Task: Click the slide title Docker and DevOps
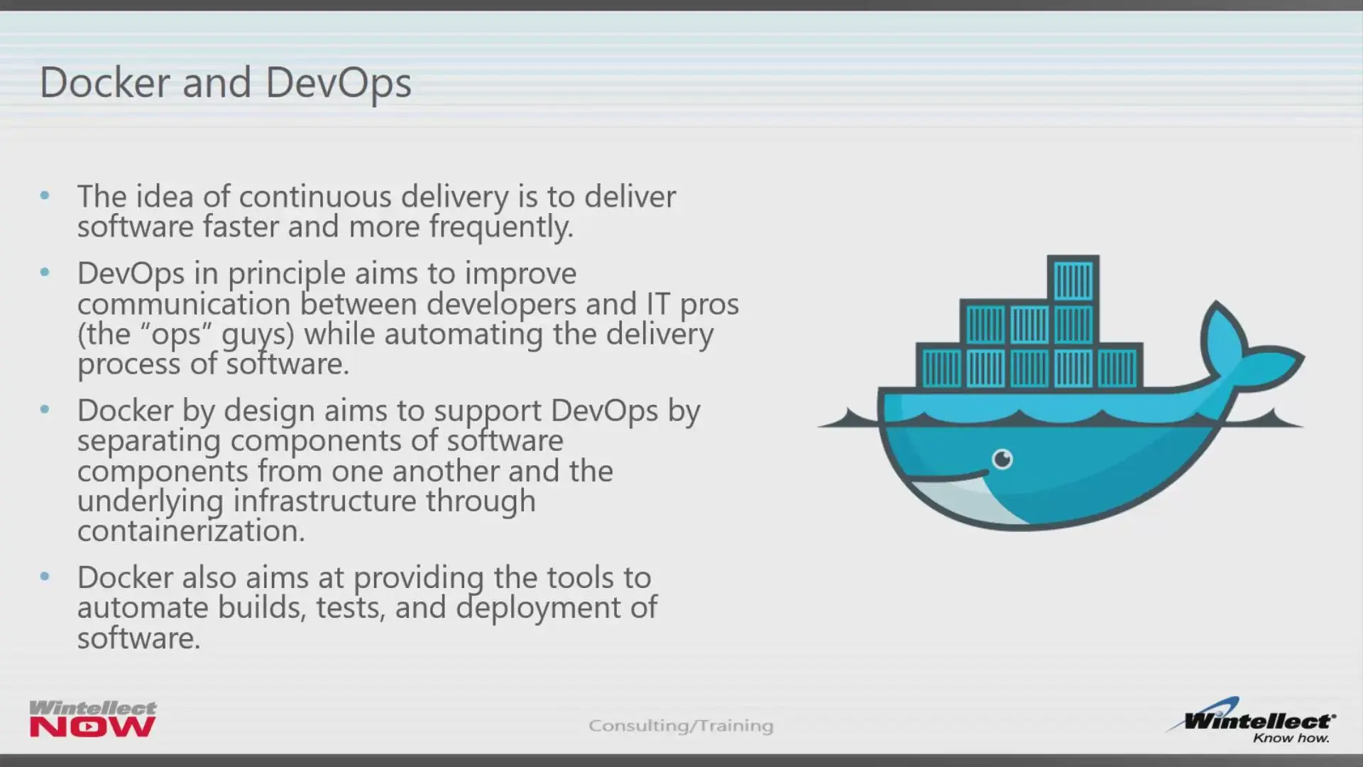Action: point(225,84)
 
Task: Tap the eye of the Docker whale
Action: point(1002,459)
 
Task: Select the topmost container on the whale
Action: point(1073,279)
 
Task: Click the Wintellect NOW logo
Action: point(93,719)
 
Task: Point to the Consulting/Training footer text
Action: point(681,725)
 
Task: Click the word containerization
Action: point(191,531)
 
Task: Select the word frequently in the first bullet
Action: point(500,227)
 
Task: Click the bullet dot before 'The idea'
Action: point(45,195)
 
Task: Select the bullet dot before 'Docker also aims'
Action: point(45,577)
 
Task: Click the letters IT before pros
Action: point(658,304)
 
